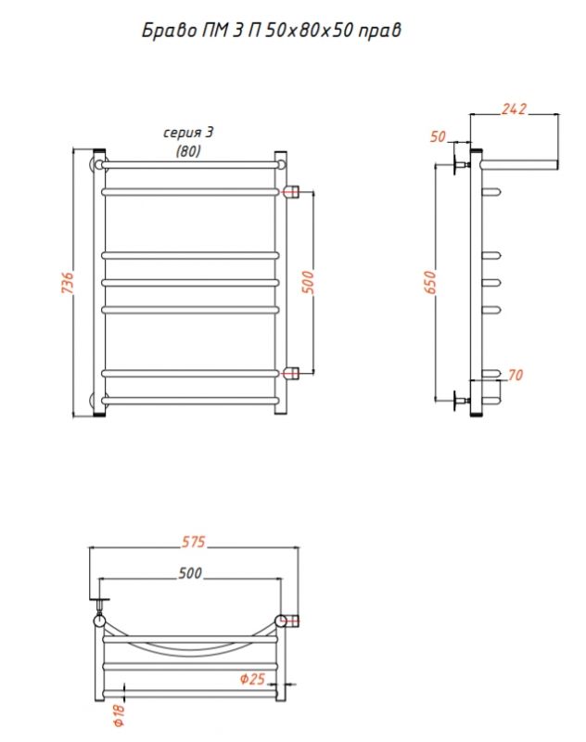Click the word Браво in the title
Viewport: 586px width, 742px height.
coord(163,31)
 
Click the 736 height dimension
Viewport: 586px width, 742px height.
coord(68,283)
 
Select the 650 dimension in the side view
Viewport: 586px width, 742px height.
coord(430,283)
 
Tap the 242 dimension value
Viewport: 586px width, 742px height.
coord(514,109)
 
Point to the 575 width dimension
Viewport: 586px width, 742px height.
coord(194,542)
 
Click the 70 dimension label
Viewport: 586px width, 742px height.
coord(515,375)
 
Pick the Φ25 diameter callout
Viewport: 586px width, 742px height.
coord(252,679)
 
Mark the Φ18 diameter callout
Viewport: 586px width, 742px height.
coord(119,715)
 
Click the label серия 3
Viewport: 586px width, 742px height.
coord(188,133)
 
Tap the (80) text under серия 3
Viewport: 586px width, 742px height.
coord(188,151)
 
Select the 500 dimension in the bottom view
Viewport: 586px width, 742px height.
coord(190,573)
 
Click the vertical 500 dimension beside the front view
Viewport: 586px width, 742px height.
coord(308,283)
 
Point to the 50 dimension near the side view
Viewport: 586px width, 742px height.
coord(438,136)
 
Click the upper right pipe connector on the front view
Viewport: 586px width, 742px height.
coord(291,191)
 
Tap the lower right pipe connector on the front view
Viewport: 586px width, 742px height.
coord(291,373)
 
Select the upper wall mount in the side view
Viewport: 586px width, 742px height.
coord(461,165)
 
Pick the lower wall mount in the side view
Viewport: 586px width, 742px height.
coord(461,401)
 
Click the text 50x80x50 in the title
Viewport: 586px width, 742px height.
coord(309,31)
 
